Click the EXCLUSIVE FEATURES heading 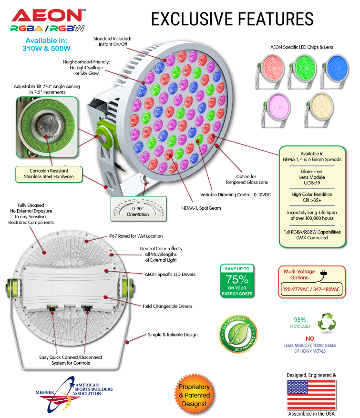click(x=232, y=19)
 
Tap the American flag click(x=311, y=395)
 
